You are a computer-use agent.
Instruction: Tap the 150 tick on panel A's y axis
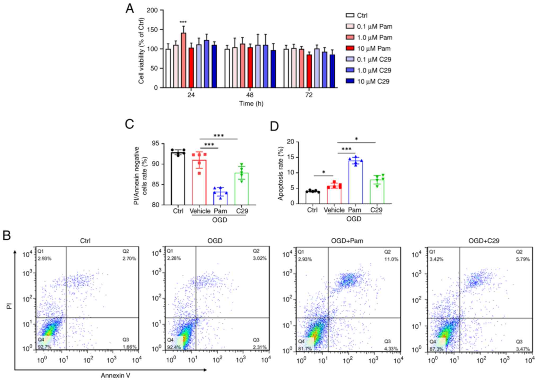(x=153, y=29)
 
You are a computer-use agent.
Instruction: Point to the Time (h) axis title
(x=251, y=104)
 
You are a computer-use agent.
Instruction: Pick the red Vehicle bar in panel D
(x=334, y=195)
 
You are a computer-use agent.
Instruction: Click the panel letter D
(x=274, y=126)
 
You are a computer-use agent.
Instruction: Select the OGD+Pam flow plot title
(x=347, y=241)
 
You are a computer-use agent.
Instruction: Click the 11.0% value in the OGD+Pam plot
(x=391, y=259)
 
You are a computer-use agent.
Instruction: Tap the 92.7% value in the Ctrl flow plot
(x=44, y=347)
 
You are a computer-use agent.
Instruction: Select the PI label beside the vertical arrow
(x=10, y=306)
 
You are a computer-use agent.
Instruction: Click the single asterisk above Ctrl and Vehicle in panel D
(x=324, y=172)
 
